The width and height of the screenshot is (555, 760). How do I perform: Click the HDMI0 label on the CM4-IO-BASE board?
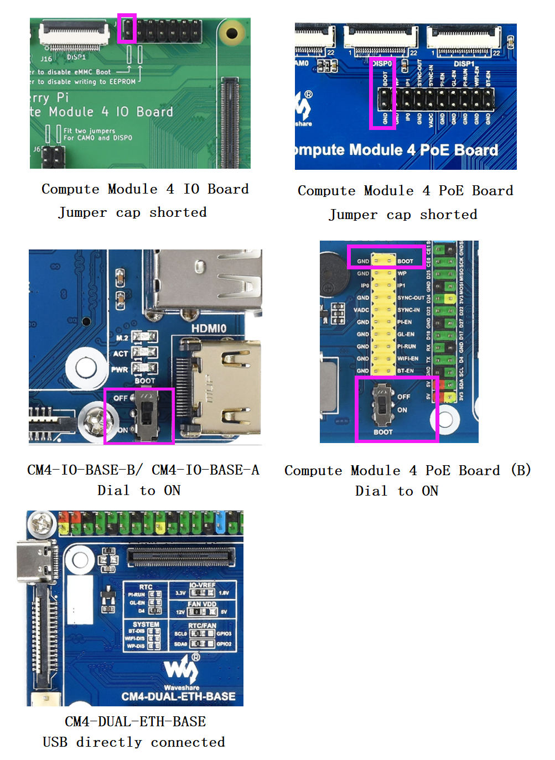point(209,329)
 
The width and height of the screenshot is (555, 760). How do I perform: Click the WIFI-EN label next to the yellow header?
point(408,358)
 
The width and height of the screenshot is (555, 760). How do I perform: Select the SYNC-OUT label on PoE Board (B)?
point(411,298)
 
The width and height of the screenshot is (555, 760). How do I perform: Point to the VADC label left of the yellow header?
point(361,310)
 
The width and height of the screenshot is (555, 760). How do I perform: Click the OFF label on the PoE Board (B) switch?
point(404,397)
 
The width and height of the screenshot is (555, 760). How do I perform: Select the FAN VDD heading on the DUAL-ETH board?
point(202,604)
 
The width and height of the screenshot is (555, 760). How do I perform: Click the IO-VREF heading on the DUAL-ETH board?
point(202,585)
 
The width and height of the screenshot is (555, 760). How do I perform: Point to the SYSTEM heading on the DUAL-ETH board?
point(146,624)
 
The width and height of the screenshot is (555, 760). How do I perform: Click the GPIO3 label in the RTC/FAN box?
point(224,634)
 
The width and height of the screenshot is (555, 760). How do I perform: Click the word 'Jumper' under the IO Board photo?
point(82,212)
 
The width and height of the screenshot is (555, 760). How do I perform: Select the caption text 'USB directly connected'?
point(134,742)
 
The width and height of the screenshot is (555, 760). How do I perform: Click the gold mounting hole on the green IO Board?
point(232,34)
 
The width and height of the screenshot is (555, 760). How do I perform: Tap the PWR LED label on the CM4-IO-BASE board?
point(120,369)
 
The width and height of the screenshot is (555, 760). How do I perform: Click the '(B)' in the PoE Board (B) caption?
point(521,470)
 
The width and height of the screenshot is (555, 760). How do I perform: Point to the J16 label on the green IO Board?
point(46,59)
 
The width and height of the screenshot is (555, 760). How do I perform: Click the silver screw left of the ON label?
point(96,421)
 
